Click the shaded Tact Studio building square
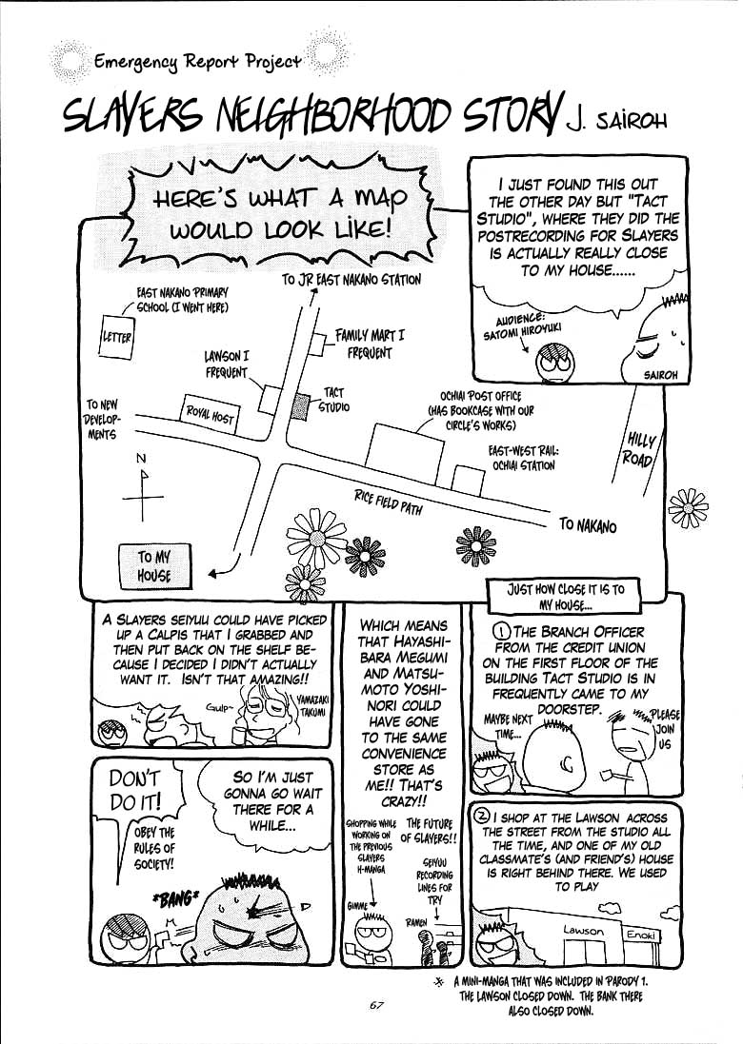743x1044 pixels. click(301, 406)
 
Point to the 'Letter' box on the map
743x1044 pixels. click(117, 338)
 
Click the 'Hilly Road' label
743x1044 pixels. click(640, 448)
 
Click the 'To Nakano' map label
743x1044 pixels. click(588, 525)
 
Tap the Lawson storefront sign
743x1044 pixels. click(583, 930)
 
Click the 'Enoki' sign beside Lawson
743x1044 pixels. click(640, 936)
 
